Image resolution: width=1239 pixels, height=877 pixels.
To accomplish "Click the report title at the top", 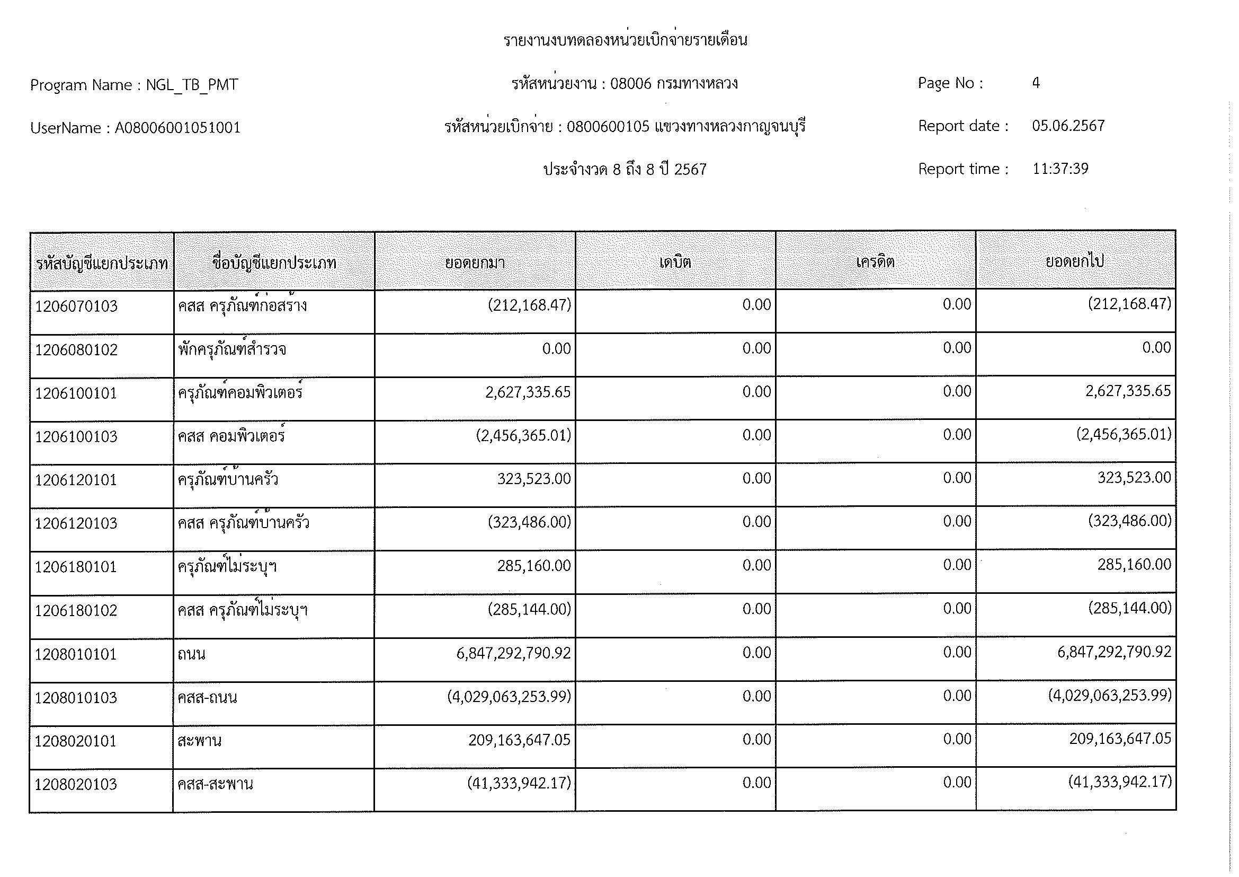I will click(625, 40).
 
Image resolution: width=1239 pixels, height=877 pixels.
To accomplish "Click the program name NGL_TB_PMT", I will click(192, 85).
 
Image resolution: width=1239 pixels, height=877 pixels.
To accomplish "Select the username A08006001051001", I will click(177, 128).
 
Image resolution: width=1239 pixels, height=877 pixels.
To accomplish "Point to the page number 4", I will click(1036, 83).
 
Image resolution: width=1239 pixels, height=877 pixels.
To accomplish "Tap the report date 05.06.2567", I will click(1068, 126).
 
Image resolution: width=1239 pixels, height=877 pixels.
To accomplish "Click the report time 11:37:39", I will click(1060, 169).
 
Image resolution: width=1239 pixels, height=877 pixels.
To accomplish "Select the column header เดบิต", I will click(675, 262).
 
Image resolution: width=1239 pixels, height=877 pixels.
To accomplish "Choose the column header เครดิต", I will click(875, 262).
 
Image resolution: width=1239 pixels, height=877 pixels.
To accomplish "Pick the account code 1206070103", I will click(76, 306).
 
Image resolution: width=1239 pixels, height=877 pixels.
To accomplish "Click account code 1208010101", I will click(76, 654).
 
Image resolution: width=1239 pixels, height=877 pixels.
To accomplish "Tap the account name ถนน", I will click(192, 654).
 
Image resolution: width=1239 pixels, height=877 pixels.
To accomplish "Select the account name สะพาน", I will click(199, 741).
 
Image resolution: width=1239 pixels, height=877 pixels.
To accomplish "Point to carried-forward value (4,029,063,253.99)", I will click(1110, 696).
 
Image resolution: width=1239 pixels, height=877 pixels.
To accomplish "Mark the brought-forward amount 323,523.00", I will click(534, 479).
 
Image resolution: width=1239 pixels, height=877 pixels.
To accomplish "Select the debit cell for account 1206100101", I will click(756, 392).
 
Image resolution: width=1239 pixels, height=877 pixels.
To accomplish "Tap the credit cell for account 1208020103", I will click(957, 783).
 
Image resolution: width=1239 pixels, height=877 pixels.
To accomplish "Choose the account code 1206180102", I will click(76, 611).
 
